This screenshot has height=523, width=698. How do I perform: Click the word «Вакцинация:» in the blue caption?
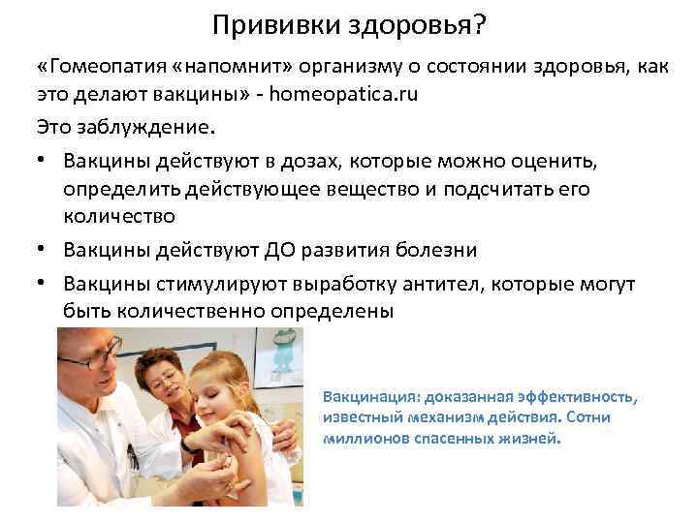click(370, 397)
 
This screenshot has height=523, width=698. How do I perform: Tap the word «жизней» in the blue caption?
click(533, 438)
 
